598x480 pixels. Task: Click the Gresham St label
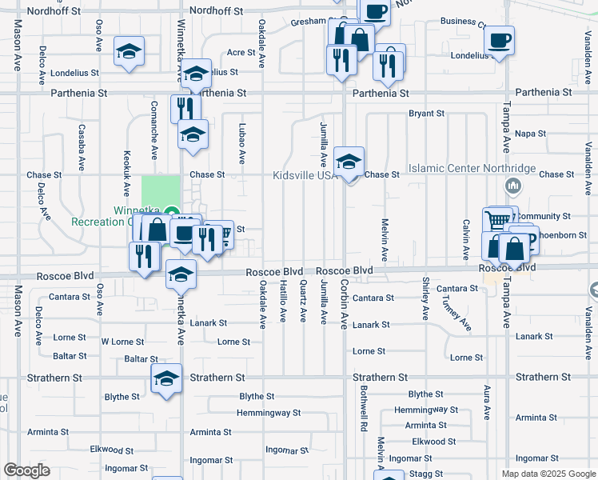click(x=313, y=21)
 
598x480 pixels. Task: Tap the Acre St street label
click(x=241, y=52)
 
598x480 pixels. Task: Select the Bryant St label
click(x=426, y=114)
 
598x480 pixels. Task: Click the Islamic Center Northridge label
click(x=472, y=169)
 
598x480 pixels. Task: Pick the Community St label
click(x=544, y=217)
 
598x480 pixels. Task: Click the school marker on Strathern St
click(x=167, y=378)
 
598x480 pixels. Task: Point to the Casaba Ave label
click(x=82, y=147)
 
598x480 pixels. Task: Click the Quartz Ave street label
click(x=303, y=302)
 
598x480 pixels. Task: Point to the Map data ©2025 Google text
click(x=548, y=474)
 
